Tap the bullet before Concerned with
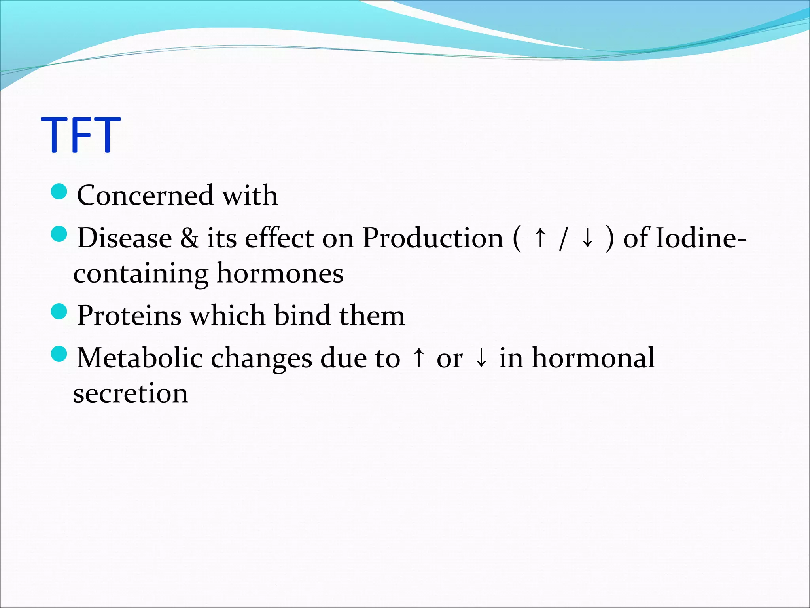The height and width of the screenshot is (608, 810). coord(59,192)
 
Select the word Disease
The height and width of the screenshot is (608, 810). coord(125,238)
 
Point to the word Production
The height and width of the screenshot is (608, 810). coord(433,238)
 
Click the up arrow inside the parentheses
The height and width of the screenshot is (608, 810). coord(539,238)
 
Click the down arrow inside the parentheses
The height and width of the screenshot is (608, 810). coord(588,238)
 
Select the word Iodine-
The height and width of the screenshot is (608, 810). coord(700,238)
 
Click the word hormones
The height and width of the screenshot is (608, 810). coord(280,274)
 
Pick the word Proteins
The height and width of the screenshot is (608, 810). coord(129,316)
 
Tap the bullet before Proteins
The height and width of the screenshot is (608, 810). coord(59,312)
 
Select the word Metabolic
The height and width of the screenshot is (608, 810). coord(140,358)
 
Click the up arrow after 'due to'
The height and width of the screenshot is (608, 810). coord(418,358)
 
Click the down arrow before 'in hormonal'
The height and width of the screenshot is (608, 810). coord(481,358)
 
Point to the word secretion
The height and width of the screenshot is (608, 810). coord(131,393)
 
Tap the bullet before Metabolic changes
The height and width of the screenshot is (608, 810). coord(59,353)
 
